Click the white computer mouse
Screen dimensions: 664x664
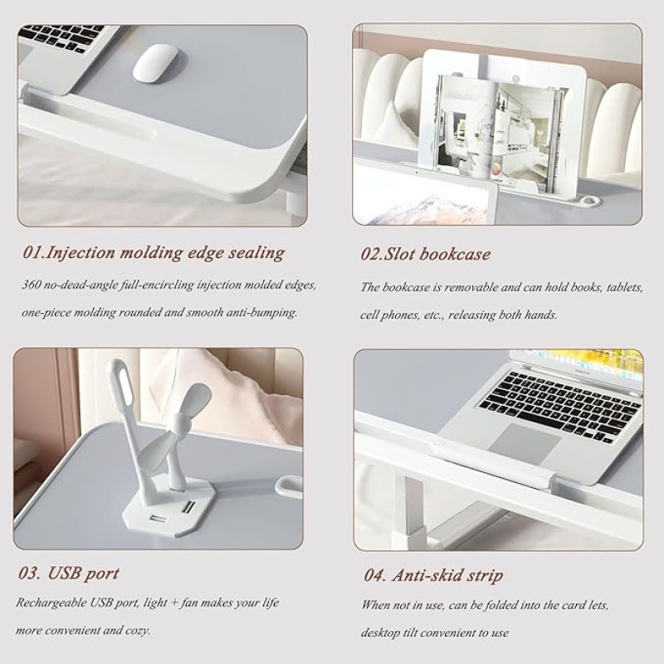pos(155,64)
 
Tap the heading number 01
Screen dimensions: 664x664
pos(32,253)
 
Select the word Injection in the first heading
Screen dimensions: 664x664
pos(80,253)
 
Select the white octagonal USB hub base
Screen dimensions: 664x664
pos(167,505)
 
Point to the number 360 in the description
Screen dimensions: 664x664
pos(32,285)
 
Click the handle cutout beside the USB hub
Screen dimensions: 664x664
pos(289,486)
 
